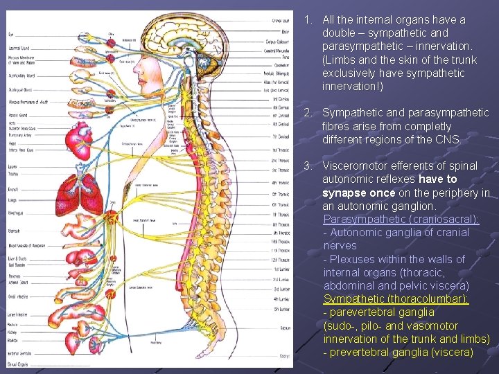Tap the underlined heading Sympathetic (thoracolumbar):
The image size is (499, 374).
point(396,299)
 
